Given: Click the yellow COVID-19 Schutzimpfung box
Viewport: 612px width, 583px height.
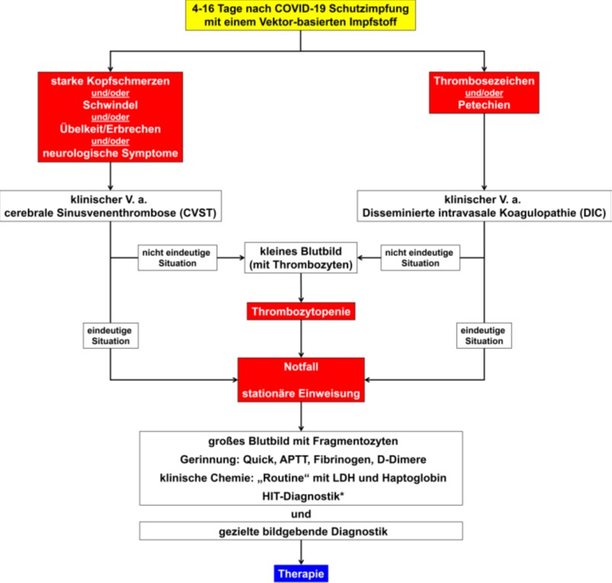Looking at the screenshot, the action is [301, 15].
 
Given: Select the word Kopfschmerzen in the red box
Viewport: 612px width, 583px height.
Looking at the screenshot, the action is [128, 81].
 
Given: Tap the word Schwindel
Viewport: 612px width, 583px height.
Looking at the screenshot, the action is [110, 104].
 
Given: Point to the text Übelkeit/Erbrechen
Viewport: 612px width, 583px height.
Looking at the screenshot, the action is [110, 129].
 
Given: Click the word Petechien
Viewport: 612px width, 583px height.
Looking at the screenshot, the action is [484, 104].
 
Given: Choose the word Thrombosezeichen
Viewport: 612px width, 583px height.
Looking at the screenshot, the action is [484, 81].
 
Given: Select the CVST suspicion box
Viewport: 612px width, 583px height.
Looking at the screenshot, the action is [111, 206].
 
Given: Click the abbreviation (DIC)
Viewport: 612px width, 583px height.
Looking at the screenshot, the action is [593, 213].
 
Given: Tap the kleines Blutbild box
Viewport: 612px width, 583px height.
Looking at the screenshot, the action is [301, 258].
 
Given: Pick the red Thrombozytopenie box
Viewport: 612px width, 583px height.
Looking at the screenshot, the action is [301, 312].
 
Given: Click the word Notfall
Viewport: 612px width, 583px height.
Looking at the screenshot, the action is [301, 367].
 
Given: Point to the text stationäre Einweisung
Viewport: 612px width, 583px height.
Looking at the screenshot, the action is [301, 393].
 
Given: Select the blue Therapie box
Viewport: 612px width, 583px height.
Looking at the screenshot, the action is [301, 574].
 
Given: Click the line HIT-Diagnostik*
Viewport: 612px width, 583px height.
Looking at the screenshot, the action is [303, 496].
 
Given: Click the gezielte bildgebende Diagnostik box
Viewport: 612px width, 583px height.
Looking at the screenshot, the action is [301, 531].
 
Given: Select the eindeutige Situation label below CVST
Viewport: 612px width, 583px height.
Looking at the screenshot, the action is [110, 335].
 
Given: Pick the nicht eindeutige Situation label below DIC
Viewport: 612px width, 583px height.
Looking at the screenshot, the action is [420, 258].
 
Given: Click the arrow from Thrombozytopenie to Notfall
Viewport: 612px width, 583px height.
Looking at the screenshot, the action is [301, 339].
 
